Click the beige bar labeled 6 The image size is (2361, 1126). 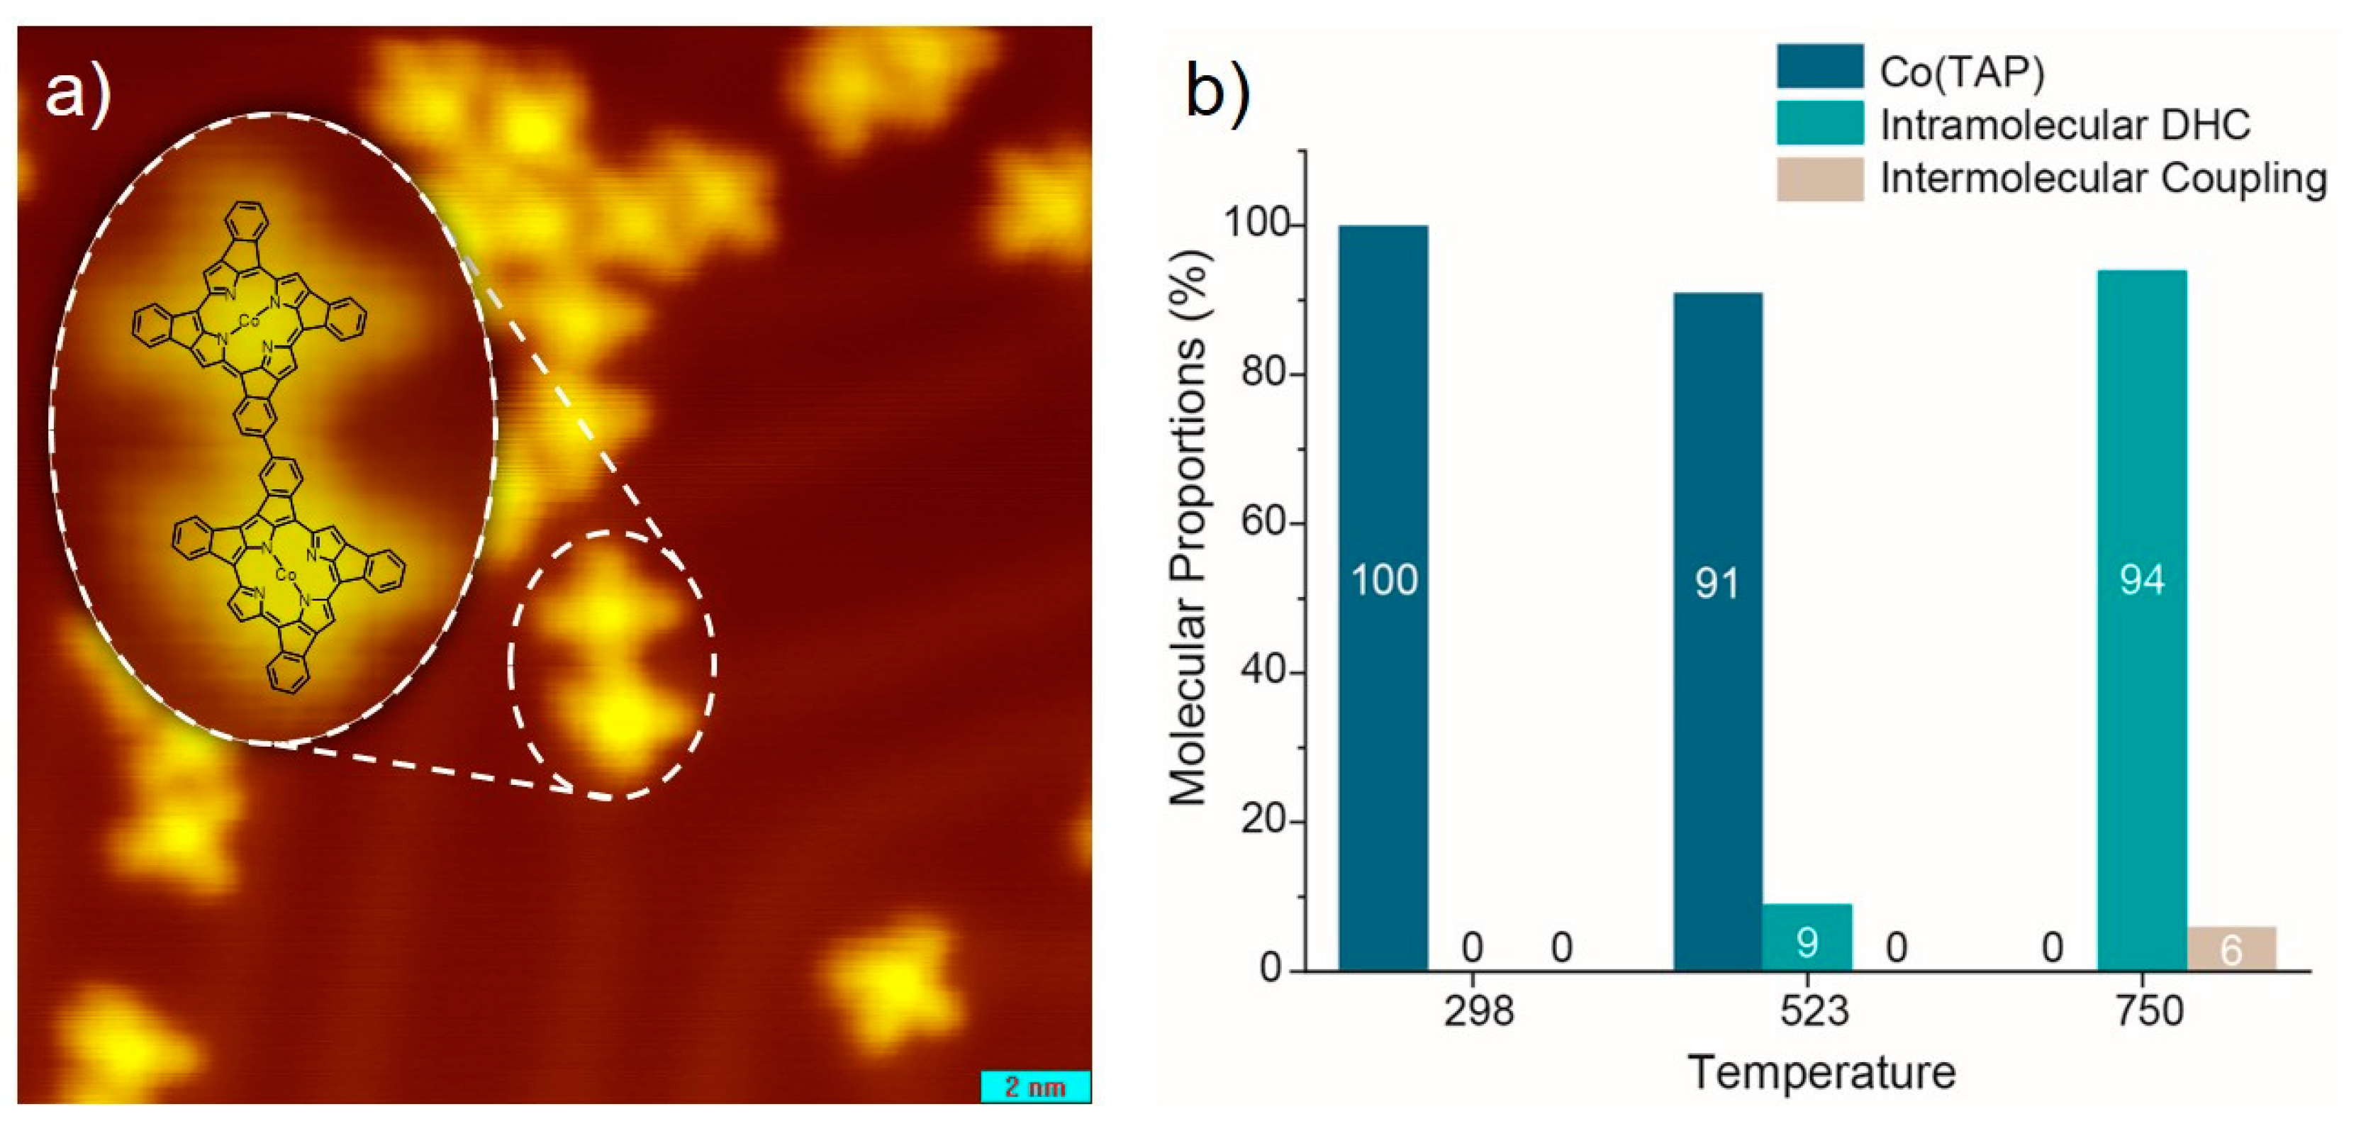coord(2231,948)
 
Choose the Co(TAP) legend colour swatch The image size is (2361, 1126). coord(1819,66)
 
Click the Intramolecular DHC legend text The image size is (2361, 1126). coord(2065,125)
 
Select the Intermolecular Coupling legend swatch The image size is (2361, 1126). coord(1819,179)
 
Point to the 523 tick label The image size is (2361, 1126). coord(1814,1011)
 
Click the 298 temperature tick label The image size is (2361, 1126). coord(1478,1011)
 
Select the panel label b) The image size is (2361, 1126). coord(1217,91)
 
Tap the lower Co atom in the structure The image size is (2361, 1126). coord(286,575)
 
